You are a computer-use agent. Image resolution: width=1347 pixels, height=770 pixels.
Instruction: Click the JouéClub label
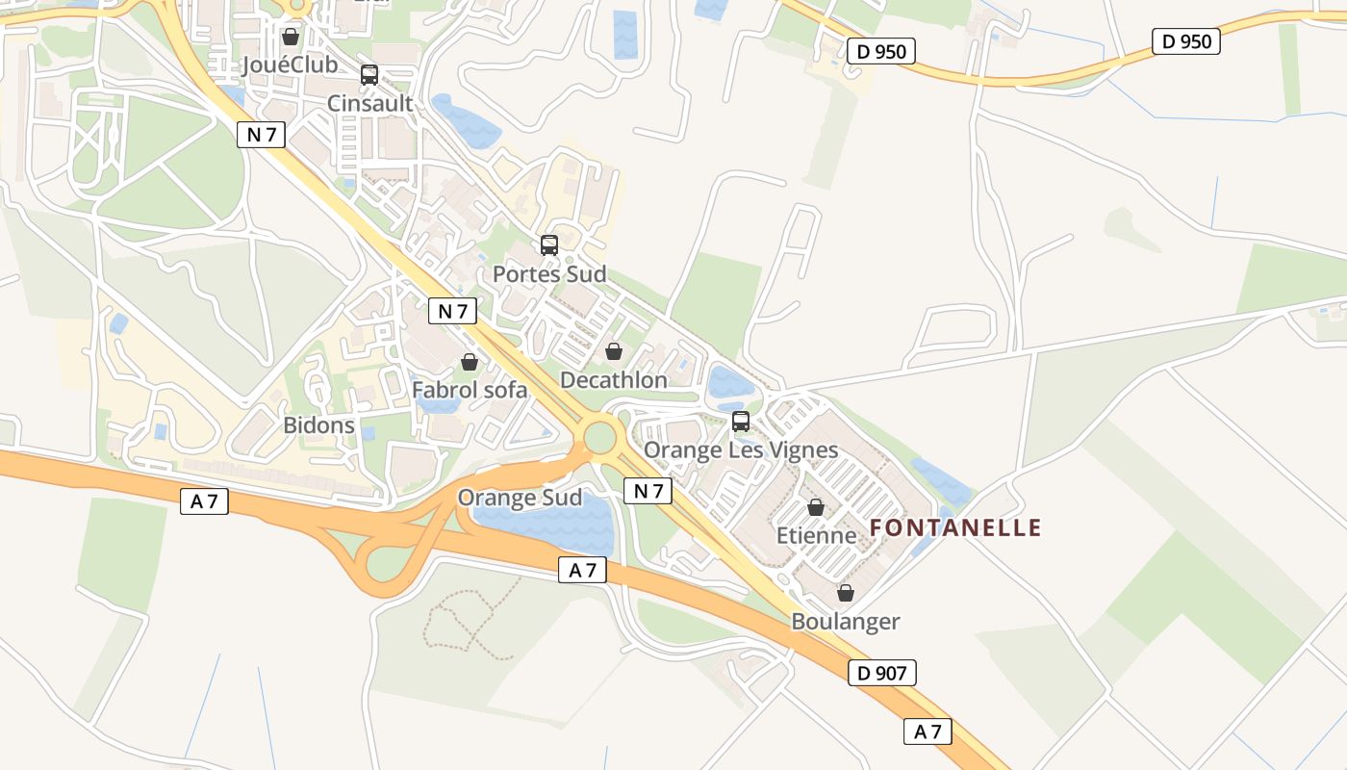[x=291, y=64]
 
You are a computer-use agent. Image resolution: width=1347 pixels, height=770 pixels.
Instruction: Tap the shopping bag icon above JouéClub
[x=291, y=37]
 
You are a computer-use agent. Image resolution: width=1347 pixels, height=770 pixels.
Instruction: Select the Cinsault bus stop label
[x=369, y=103]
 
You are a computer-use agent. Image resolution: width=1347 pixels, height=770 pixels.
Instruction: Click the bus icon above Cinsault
[x=369, y=74]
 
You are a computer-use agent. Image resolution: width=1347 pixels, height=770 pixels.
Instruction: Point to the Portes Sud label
[x=549, y=274]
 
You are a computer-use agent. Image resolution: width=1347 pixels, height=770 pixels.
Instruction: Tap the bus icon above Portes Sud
[x=549, y=244]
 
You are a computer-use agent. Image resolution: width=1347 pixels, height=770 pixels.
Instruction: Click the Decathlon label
[x=613, y=380]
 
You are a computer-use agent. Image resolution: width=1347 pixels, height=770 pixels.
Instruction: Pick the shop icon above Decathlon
[x=614, y=351]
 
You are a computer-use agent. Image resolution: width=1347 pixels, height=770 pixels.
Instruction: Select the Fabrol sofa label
[x=470, y=390]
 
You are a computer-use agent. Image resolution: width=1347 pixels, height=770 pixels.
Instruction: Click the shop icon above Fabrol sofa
[x=470, y=362]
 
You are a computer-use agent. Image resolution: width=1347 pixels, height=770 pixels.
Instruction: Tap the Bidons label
[x=318, y=424]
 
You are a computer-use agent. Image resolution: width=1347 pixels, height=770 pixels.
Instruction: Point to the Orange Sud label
[x=520, y=498]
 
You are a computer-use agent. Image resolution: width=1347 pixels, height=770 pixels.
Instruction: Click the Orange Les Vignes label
[x=741, y=450]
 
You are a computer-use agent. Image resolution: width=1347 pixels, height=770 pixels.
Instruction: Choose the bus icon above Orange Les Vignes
[x=741, y=421]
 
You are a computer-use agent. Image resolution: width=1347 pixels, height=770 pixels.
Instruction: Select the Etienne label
[x=816, y=535]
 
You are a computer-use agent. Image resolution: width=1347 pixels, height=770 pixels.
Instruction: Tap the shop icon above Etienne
[x=816, y=507]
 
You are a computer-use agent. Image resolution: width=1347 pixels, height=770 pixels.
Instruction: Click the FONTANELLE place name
[x=955, y=527]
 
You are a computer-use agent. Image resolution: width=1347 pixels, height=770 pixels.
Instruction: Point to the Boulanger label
[x=845, y=621]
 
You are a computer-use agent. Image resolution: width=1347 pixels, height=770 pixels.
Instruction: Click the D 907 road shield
[x=882, y=673]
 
